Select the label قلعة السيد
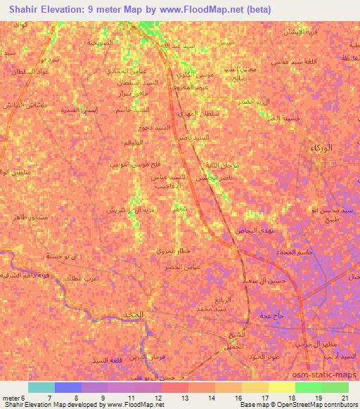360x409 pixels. (x=108, y=360)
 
